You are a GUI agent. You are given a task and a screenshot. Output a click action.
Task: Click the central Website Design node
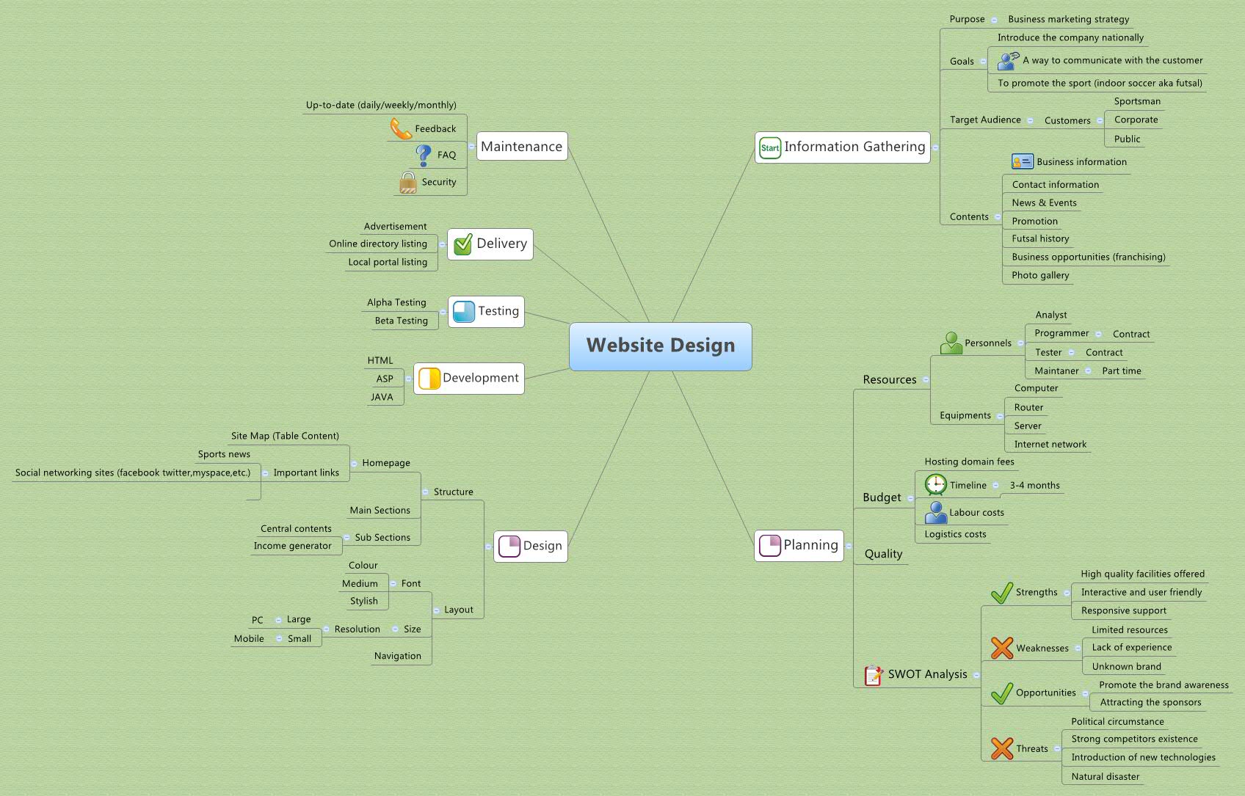pos(660,346)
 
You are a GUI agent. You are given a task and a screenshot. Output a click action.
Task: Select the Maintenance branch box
pos(522,146)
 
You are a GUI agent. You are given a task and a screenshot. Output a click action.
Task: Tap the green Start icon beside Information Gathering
pos(769,147)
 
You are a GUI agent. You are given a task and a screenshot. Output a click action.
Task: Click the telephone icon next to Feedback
pos(400,128)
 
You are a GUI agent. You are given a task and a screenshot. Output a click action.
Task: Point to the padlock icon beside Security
pos(407,182)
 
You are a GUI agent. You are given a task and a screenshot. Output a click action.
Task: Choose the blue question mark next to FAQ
pos(424,155)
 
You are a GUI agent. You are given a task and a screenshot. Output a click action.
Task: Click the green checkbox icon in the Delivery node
pos(462,244)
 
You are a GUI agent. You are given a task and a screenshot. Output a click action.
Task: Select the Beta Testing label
pos(401,321)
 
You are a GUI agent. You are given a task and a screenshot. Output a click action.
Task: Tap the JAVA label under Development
pos(382,397)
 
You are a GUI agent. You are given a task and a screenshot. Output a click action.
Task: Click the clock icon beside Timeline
pos(935,485)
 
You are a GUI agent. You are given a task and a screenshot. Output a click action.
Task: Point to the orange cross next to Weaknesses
pos(1001,648)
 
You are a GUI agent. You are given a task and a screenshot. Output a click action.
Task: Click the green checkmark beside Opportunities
pos(1001,693)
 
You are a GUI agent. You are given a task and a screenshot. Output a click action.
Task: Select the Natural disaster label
pos(1105,776)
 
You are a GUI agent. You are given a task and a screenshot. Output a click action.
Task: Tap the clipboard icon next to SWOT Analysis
pos(873,675)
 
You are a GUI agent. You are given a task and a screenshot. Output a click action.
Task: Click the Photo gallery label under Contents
pos(1040,275)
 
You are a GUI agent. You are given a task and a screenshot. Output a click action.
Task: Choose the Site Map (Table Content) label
pos(285,436)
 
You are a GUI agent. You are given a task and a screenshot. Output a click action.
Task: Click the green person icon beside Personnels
pos(951,343)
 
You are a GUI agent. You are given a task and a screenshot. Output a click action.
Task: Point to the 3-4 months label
pos(1034,485)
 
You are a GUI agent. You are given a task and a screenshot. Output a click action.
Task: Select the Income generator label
pos(292,546)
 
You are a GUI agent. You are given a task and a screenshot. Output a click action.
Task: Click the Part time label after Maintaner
pos(1121,370)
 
